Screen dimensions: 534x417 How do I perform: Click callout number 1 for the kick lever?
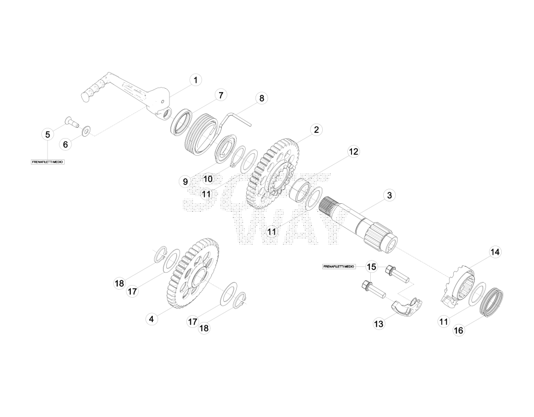195,80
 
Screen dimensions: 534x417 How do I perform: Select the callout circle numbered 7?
221,95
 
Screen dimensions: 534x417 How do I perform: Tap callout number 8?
261,99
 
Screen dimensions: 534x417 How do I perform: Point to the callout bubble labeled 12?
354,152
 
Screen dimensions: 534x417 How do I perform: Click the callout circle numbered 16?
459,330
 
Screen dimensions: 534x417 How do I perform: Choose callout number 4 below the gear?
152,319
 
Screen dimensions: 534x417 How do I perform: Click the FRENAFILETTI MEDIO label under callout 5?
47,162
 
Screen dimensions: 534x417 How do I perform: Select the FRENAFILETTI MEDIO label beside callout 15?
339,266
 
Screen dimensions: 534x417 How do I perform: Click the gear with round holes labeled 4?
193,274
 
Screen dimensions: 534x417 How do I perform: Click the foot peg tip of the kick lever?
85,95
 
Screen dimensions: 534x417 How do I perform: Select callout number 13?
379,324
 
